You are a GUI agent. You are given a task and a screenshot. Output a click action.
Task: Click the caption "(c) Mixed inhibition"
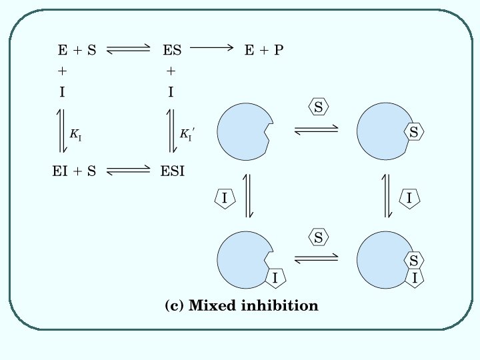(241, 306)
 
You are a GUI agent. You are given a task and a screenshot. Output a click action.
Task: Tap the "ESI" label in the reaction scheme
(173, 171)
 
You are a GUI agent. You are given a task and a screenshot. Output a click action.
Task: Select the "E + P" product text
(264, 49)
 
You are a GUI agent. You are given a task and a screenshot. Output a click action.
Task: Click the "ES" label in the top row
(172, 49)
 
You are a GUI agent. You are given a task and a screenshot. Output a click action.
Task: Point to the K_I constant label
(75, 133)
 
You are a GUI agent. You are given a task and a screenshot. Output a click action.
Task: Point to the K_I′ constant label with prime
(187, 133)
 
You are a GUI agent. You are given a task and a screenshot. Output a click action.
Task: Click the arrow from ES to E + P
(212, 47)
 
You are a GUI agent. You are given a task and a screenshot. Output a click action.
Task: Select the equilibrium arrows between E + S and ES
(129, 49)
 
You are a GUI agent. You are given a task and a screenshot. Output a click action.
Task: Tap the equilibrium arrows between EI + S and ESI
(129, 171)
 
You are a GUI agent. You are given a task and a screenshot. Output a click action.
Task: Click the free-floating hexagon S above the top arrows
(319, 107)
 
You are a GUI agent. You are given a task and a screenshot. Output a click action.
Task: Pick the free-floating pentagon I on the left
(225, 198)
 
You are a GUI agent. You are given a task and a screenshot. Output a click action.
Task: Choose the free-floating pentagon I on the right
(409, 197)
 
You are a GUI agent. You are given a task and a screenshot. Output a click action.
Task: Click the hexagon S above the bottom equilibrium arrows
(319, 237)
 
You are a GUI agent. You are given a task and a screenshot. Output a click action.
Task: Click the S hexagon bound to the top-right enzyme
(413, 133)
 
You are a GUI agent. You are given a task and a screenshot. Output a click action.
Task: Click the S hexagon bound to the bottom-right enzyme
(414, 261)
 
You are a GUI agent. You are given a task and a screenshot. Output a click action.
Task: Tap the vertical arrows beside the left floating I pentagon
(249, 196)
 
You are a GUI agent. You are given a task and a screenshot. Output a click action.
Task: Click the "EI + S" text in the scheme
(74, 171)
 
